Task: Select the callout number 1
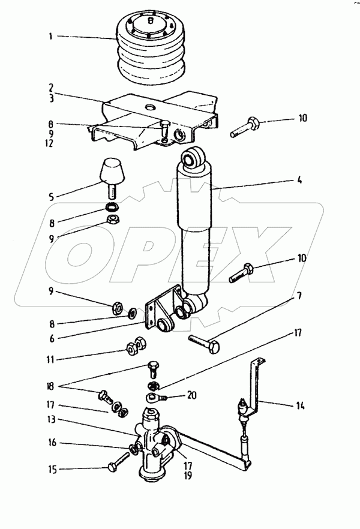pos(51,36)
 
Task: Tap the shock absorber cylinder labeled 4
pos(195,228)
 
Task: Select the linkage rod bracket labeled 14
pos(255,390)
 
